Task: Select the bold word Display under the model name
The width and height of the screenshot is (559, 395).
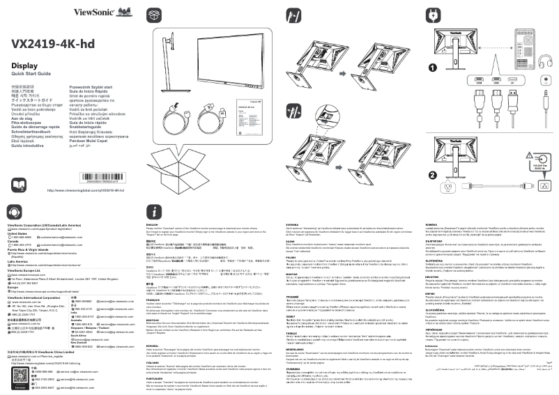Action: click(24, 65)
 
